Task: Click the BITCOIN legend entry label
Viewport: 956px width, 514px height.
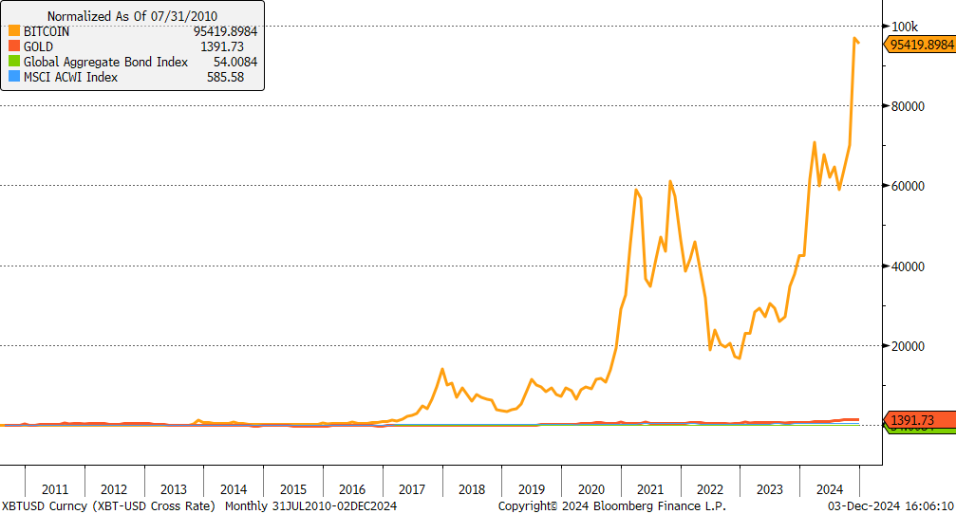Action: [x=47, y=31]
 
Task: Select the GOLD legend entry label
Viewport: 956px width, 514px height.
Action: [x=40, y=46]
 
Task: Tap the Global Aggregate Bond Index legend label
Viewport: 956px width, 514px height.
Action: [x=105, y=62]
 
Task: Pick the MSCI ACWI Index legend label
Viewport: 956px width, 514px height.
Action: [x=70, y=77]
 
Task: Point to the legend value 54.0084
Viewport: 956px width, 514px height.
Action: [x=226, y=62]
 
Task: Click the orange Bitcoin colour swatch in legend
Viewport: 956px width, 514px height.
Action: [x=13, y=31]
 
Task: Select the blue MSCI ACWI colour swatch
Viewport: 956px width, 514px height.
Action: [x=13, y=77]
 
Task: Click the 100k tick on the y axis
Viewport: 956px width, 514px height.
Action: [x=905, y=26]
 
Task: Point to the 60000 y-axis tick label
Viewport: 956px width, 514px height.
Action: [x=909, y=186]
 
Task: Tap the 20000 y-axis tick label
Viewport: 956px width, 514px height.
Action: [x=909, y=346]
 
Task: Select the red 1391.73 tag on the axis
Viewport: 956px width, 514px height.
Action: [x=911, y=420]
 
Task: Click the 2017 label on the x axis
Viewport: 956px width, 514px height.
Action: [x=412, y=489]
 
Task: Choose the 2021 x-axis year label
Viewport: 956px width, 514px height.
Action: [x=650, y=489]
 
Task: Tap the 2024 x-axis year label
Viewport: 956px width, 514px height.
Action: [x=829, y=489]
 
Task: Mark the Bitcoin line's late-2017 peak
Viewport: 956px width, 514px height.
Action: [x=442, y=369]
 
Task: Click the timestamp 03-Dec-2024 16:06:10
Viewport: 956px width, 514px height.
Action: [x=889, y=506]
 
